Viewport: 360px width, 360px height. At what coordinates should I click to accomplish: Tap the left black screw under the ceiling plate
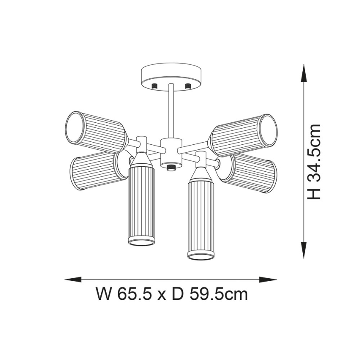(155, 86)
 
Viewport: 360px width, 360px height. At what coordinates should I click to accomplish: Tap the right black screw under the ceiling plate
(187, 86)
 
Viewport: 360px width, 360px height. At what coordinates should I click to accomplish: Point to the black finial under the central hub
(170, 168)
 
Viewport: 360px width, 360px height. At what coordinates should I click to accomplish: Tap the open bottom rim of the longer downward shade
(202, 254)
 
